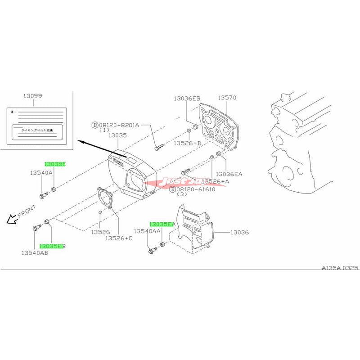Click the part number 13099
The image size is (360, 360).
point(32,96)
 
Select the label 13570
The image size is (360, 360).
point(227,98)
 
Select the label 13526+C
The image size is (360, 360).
point(119,238)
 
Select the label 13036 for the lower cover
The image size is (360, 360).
point(240,233)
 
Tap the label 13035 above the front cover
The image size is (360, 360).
point(118,135)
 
